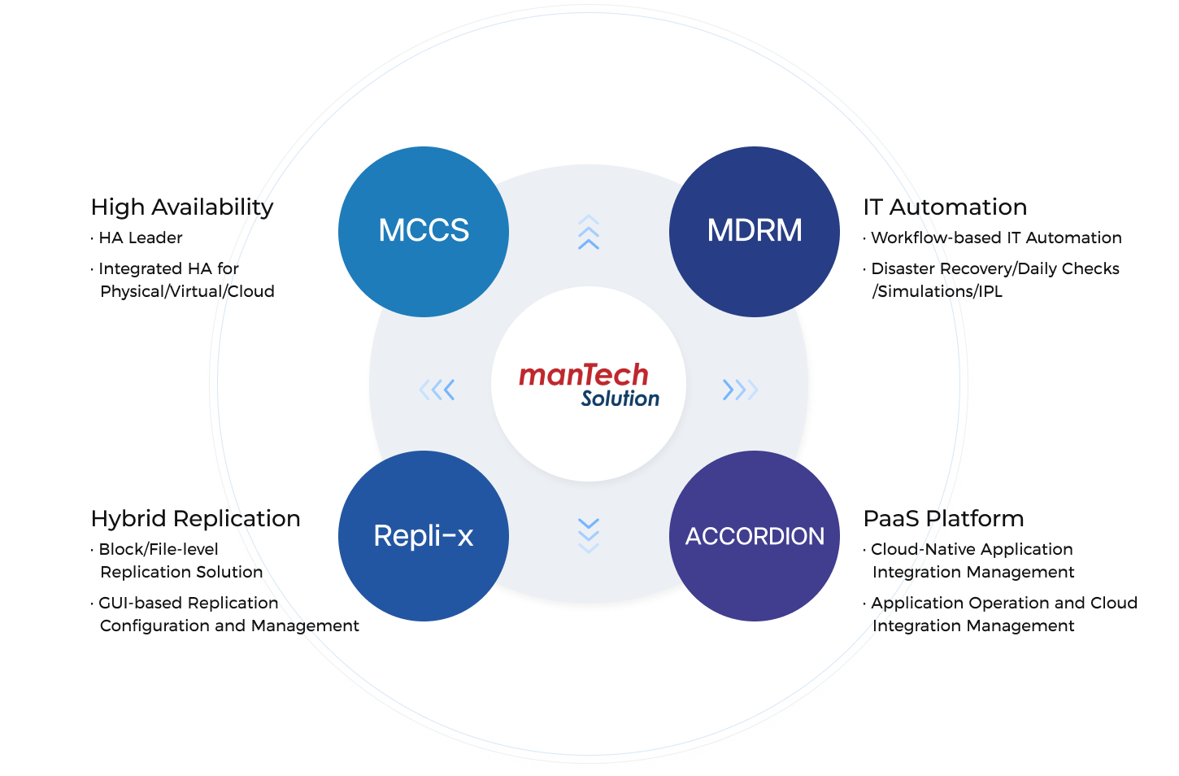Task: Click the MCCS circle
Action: point(424,232)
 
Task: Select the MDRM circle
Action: point(755,232)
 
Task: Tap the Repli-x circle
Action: point(424,536)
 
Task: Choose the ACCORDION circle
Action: point(755,536)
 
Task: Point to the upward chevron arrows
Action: point(589,232)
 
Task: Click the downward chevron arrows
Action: point(589,535)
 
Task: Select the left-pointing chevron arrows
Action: point(437,390)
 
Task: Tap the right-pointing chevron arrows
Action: point(741,390)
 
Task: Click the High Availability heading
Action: point(182,207)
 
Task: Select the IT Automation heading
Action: point(946,207)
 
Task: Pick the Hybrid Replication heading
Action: point(196,519)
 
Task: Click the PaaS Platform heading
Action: point(944,519)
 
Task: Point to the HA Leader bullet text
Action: point(141,238)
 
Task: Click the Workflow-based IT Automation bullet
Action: point(996,238)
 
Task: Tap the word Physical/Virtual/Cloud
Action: point(187,291)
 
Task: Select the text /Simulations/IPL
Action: point(938,291)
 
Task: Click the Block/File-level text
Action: point(159,549)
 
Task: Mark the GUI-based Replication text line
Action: point(189,603)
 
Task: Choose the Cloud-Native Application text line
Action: point(972,550)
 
